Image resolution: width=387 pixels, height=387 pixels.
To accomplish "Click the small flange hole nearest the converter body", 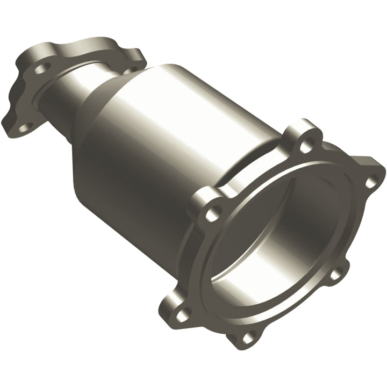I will [x=129, y=69].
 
